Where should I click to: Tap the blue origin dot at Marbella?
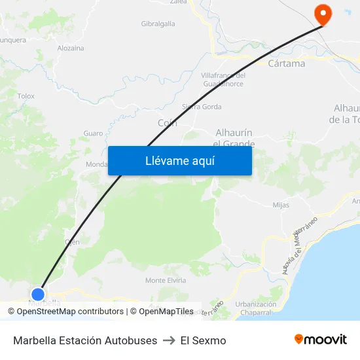point(38,295)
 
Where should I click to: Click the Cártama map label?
point(287,63)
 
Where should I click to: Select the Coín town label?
point(168,122)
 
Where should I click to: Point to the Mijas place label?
point(280,205)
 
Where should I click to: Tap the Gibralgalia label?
point(158,24)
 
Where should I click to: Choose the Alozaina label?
point(71,48)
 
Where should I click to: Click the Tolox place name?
point(26,96)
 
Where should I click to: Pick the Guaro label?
point(93,134)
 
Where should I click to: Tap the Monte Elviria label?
point(165,280)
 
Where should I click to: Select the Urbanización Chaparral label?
point(256,308)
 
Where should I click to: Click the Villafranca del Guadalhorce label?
point(223,80)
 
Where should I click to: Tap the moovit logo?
point(321,340)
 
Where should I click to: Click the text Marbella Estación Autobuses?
point(85,340)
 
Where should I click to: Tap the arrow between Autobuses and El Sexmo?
point(169,340)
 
